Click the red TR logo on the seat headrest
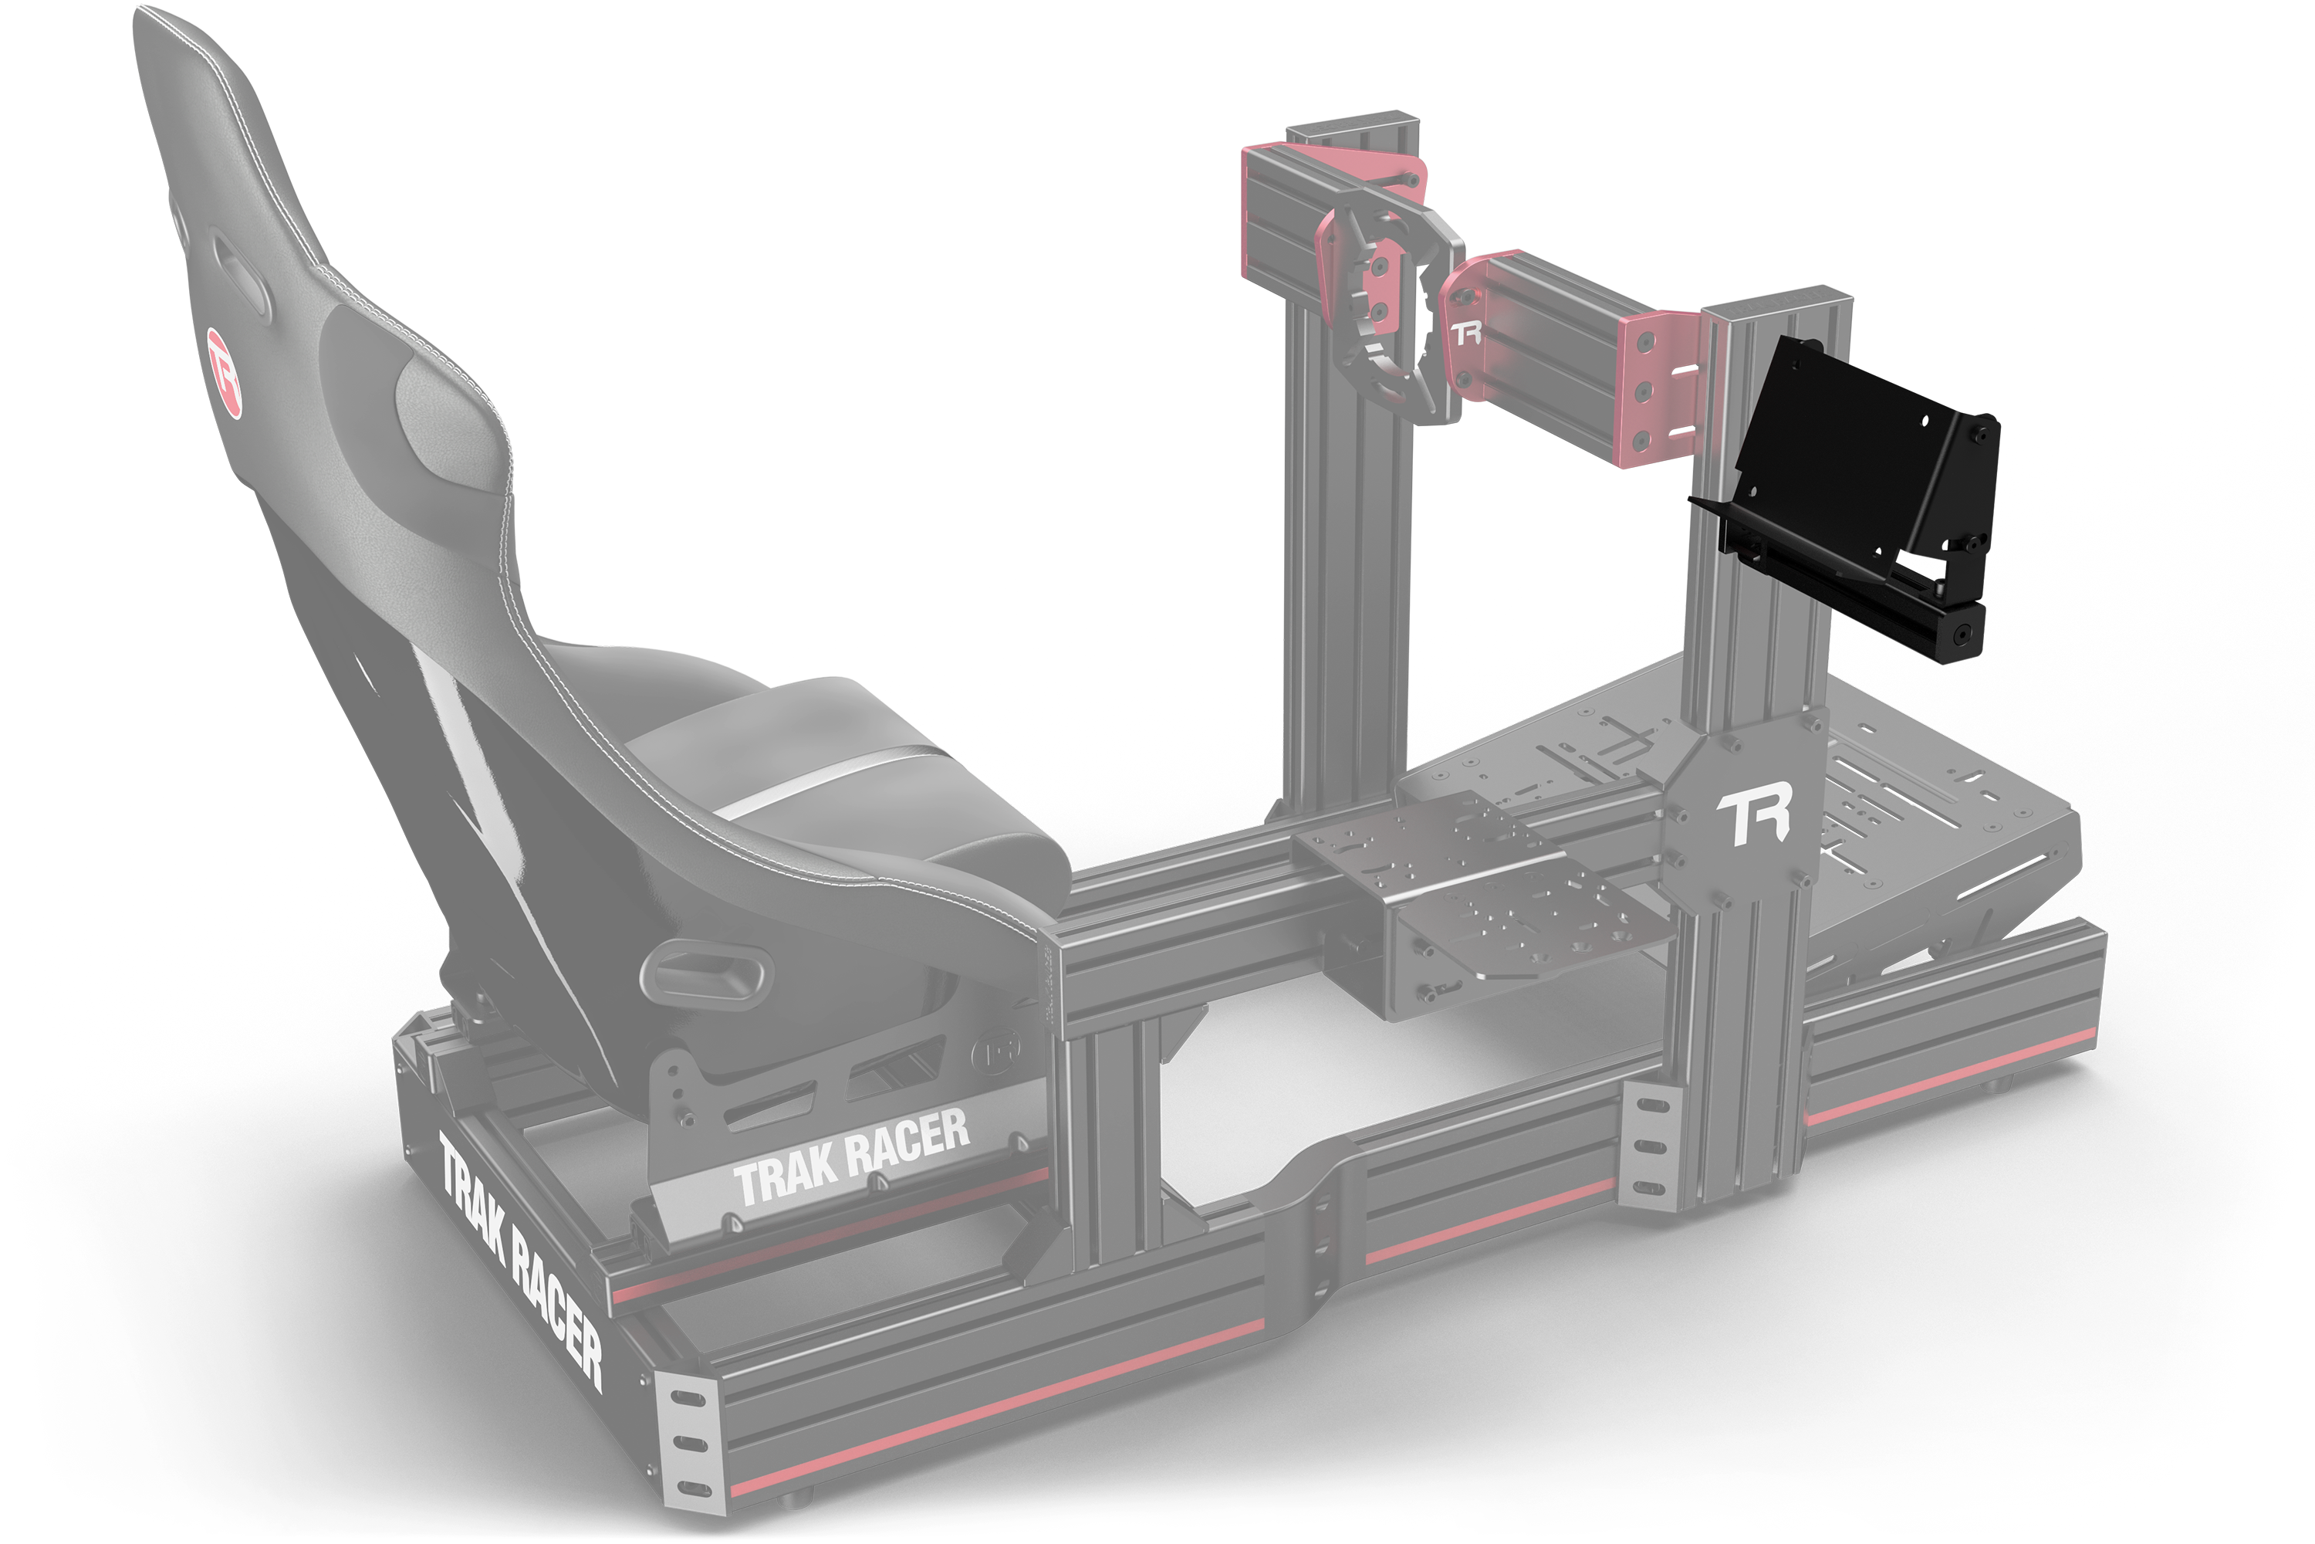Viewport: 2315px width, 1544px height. click(225, 373)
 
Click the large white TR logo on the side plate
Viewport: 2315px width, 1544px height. click(1753, 815)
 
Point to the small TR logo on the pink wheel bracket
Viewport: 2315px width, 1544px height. click(1465, 333)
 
